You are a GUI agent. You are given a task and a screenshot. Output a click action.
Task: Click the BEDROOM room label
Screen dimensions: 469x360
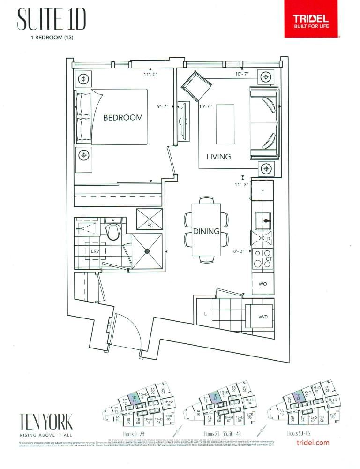tap(123, 117)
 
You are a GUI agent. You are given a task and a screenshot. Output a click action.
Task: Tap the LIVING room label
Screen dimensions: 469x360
tap(218, 157)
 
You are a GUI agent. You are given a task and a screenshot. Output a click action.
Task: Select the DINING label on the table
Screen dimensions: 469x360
tap(206, 231)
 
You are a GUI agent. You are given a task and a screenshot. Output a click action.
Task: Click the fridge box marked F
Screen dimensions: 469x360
tap(263, 191)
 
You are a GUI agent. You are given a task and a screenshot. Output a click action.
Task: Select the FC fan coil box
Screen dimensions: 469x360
tap(149, 219)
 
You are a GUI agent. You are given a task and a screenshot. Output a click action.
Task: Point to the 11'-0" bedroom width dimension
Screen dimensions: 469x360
tap(152, 74)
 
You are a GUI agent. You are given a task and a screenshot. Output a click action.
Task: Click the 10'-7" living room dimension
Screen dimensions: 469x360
tap(242, 74)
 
